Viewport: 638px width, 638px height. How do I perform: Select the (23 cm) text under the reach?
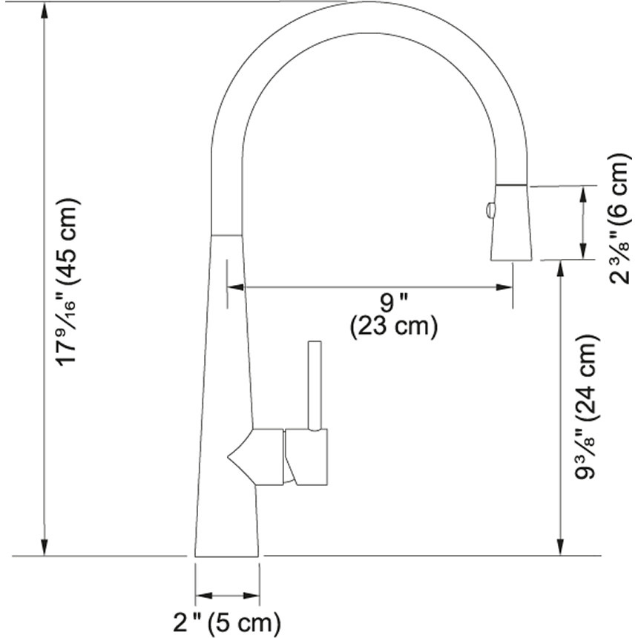click(393, 327)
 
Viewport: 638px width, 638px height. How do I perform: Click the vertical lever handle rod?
click(315, 386)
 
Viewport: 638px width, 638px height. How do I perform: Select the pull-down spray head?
click(512, 223)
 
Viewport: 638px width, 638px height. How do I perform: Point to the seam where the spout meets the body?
click(227, 237)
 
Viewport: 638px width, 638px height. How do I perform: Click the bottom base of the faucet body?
click(227, 553)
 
